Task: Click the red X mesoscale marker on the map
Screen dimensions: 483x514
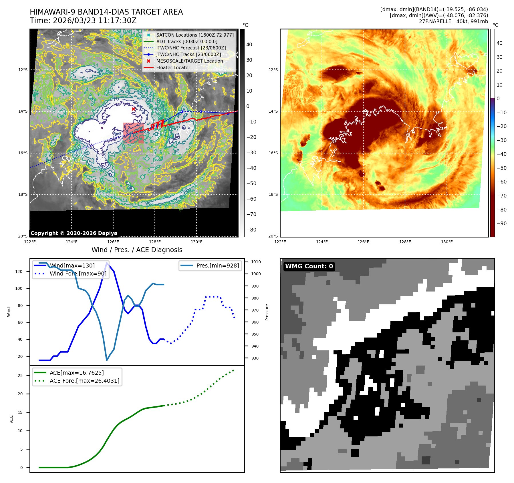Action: pyautogui.click(x=133, y=109)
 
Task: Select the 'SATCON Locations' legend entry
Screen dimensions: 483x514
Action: pyautogui.click(x=195, y=35)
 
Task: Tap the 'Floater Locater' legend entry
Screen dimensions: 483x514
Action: pyautogui.click(x=173, y=67)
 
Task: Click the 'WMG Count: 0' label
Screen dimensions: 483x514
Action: pyautogui.click(x=309, y=266)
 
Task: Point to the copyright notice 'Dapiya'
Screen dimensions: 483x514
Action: pyautogui.click(x=74, y=233)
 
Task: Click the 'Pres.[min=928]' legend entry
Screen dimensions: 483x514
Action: pyautogui.click(x=217, y=266)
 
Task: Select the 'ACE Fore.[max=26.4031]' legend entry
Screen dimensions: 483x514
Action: pyautogui.click(x=84, y=381)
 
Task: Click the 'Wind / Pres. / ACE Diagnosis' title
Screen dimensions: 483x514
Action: pyautogui.click(x=137, y=250)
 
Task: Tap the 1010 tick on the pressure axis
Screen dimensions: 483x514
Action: pyautogui.click(x=256, y=262)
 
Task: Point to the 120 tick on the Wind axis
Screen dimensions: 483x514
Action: pyautogui.click(x=19, y=272)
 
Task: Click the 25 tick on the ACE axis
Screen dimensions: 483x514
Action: pyautogui.click(x=20, y=376)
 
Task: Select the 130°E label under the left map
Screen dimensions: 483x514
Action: pyautogui.click(x=197, y=242)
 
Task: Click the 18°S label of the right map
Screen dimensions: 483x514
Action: pyautogui.click(x=273, y=194)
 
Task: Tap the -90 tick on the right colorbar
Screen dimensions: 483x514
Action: pyautogui.click(x=501, y=223)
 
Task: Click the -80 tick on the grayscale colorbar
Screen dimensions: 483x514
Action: pyautogui.click(x=251, y=230)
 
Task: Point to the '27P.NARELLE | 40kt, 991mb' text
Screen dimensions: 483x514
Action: pyautogui.click(x=453, y=21)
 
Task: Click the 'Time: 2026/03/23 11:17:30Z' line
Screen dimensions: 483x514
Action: pyautogui.click(x=83, y=21)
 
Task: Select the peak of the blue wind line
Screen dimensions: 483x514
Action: pyautogui.click(x=107, y=263)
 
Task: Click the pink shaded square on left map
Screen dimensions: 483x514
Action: pyautogui.click(x=134, y=133)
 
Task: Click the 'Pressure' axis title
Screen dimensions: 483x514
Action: pyautogui.click(x=267, y=312)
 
